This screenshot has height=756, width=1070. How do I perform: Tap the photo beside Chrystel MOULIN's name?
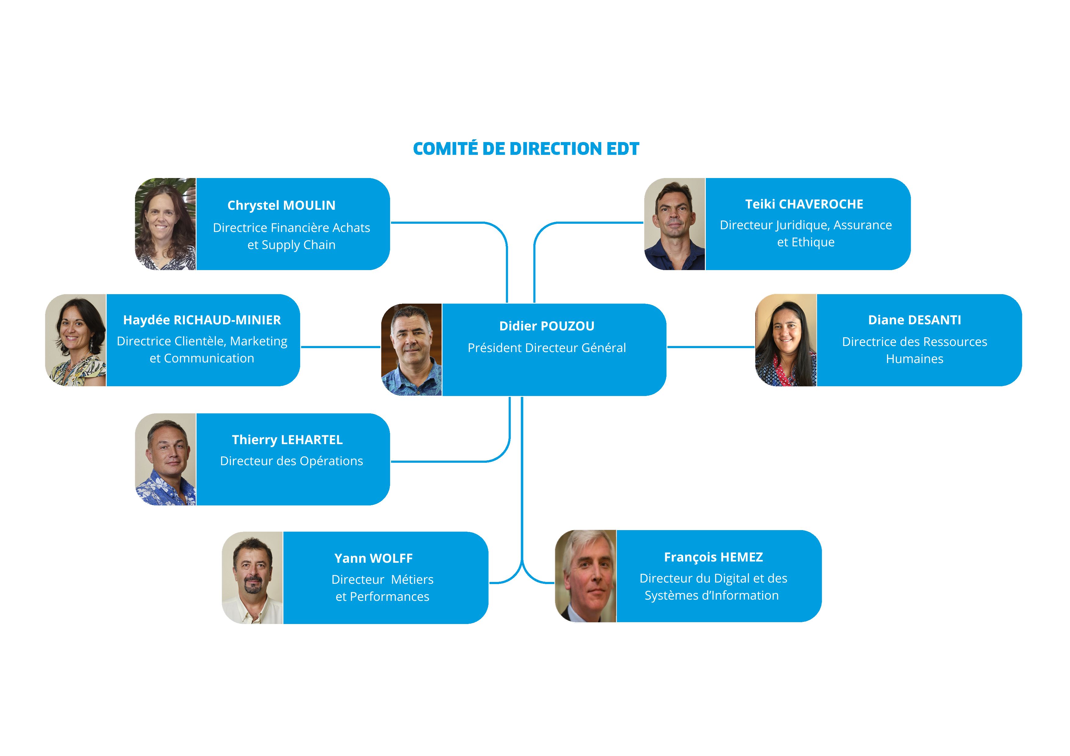pyautogui.click(x=165, y=223)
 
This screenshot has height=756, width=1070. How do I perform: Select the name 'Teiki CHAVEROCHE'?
pyautogui.click(x=804, y=204)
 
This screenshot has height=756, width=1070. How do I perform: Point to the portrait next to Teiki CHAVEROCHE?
pyautogui.click(x=674, y=223)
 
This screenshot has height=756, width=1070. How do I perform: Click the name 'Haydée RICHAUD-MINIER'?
pyautogui.click(x=202, y=320)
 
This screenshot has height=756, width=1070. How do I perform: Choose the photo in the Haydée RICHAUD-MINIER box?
pyautogui.click(x=76, y=340)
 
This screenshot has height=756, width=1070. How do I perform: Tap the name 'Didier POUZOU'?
pyautogui.click(x=547, y=326)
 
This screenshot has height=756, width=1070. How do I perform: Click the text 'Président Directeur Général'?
pyautogui.click(x=547, y=348)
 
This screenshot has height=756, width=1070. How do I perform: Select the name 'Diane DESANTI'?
pyautogui.click(x=914, y=320)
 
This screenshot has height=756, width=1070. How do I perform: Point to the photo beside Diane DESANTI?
pyautogui.click(x=786, y=340)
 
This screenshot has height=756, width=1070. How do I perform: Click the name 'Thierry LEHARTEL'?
pyautogui.click(x=287, y=440)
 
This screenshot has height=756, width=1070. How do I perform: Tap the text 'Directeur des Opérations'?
pyautogui.click(x=291, y=461)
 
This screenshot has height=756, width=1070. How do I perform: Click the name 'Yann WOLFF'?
pyautogui.click(x=373, y=558)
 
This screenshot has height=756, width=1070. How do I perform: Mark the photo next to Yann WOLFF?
pyautogui.click(x=252, y=578)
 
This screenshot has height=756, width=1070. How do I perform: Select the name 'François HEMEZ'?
pyautogui.click(x=713, y=557)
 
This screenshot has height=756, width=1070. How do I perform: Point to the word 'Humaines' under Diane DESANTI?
pyautogui.click(x=914, y=359)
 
